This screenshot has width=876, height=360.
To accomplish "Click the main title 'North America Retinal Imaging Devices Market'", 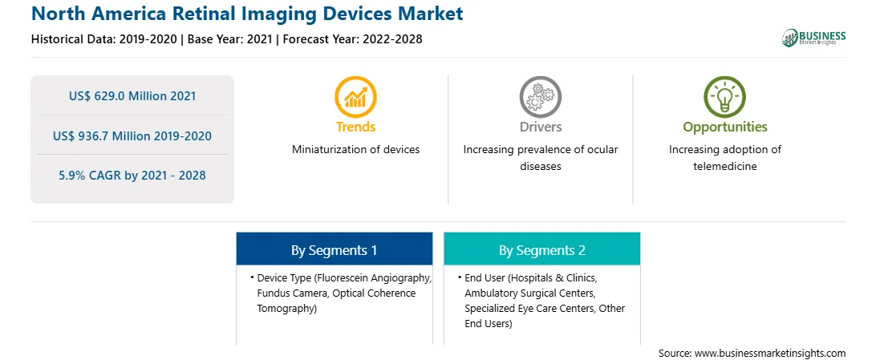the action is pyautogui.click(x=248, y=13).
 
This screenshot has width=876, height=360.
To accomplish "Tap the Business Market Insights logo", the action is pyautogui.click(x=814, y=38).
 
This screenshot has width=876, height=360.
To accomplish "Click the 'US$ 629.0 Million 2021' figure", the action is pyautogui.click(x=132, y=96).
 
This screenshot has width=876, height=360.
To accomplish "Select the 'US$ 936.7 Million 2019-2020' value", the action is pyautogui.click(x=132, y=136).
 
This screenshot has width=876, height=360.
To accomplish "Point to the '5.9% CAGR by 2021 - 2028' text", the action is pyautogui.click(x=132, y=176).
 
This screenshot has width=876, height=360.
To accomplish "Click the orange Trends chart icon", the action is pyautogui.click(x=355, y=97).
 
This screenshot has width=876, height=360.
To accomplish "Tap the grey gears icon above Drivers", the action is pyautogui.click(x=540, y=97).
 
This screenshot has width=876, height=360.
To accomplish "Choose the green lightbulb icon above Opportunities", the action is pyautogui.click(x=724, y=97).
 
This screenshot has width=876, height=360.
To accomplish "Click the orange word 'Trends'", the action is pyautogui.click(x=356, y=127).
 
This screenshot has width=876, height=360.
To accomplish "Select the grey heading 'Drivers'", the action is pyautogui.click(x=540, y=127).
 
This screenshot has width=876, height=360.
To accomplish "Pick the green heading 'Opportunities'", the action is pyautogui.click(x=725, y=127).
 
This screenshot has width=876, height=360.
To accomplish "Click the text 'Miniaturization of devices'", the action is pyautogui.click(x=356, y=150).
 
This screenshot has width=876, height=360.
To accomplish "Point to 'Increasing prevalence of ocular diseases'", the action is pyautogui.click(x=540, y=158).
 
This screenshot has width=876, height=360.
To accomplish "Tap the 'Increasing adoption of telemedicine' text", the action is pyautogui.click(x=725, y=158).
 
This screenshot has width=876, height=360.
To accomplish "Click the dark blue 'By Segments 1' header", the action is pyautogui.click(x=334, y=250).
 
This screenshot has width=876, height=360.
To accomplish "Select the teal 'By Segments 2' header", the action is pyautogui.click(x=542, y=250).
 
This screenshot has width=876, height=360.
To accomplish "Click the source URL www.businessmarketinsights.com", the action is pyautogui.click(x=769, y=354).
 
